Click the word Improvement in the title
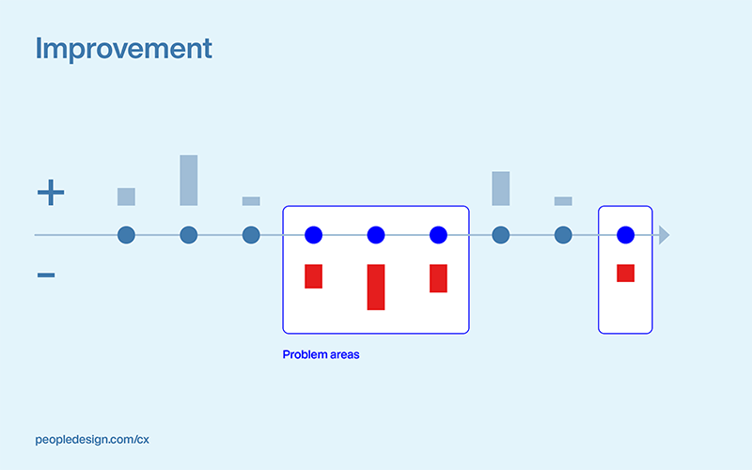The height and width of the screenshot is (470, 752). coord(123,49)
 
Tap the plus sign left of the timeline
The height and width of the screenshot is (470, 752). coord(51,194)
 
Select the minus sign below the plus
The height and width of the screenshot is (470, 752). coord(46,275)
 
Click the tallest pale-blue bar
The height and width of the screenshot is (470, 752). coord(189,180)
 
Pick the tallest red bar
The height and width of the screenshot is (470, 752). coord(376,287)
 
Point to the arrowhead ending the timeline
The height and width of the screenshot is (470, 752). coord(664,235)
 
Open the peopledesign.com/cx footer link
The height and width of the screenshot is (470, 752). coord(92,439)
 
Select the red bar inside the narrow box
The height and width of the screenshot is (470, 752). coord(626,274)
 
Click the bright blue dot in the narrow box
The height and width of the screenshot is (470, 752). coord(626,235)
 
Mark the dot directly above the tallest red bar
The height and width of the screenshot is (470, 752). coord(376,235)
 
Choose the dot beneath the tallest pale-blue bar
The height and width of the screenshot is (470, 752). coord(189,235)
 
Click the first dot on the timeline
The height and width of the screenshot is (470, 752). coord(127,235)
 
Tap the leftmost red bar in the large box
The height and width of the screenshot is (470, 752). coord(314,276)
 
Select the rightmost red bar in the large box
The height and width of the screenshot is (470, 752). coord(438,278)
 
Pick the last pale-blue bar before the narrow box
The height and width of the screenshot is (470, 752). coord(563,201)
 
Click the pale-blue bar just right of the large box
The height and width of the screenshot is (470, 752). coord(501,188)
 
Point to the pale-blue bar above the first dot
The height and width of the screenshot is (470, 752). coord(127,196)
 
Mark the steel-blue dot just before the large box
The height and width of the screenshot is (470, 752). coord(251,235)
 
